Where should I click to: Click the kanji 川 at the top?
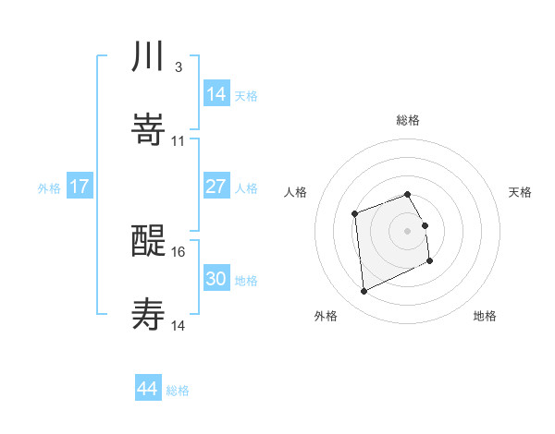148,57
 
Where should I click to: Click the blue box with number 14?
216,94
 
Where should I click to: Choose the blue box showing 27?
216,187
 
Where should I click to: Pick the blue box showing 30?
216,279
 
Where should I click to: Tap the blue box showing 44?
148,389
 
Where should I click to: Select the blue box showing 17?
80,187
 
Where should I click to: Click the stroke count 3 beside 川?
178,67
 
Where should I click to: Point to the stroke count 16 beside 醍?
179,251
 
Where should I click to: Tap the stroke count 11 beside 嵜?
179,140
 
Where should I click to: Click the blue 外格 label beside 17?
49,187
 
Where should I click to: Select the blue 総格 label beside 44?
178,391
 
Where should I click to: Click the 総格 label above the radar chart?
407,120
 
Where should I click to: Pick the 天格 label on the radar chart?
520,192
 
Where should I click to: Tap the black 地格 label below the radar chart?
485,316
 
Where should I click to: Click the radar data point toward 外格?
364,292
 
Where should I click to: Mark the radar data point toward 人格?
355,214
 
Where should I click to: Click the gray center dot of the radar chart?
407,231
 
